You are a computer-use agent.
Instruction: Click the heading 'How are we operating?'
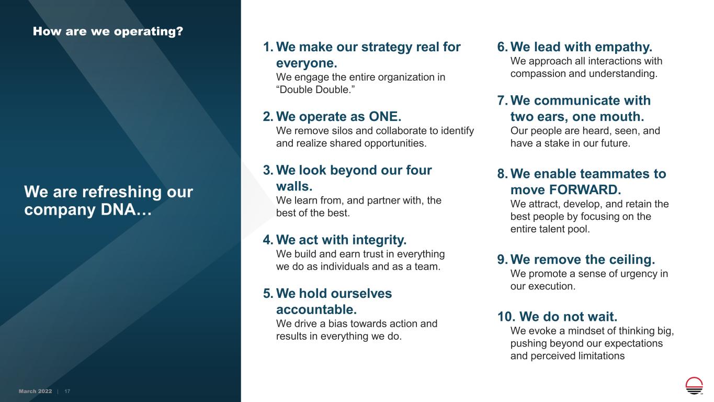(108, 31)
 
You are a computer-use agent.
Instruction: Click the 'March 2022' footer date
(35, 391)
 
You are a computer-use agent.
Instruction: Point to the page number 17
(67, 391)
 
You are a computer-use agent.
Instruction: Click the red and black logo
(694, 385)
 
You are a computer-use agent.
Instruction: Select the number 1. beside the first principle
(268, 47)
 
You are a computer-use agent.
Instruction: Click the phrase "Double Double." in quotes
(315, 90)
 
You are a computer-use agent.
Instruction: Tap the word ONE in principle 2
(385, 116)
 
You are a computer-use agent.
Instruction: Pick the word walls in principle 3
(294, 186)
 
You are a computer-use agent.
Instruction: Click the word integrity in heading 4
(379, 240)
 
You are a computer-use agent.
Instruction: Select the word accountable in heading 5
(316, 309)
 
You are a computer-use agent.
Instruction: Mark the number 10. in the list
(506, 317)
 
